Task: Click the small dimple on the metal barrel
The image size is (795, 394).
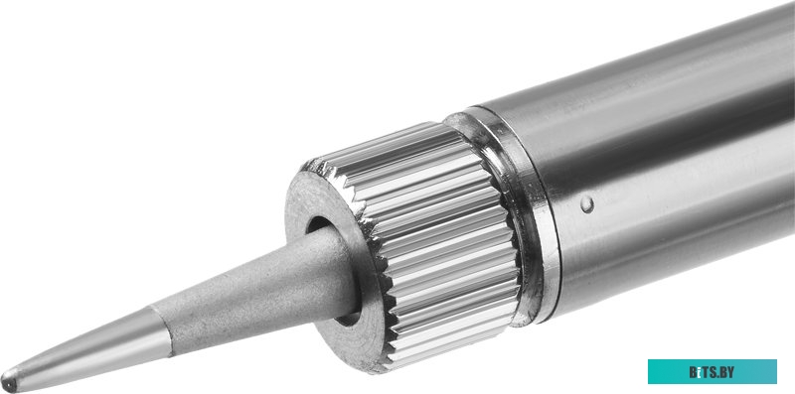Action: click(x=588, y=205)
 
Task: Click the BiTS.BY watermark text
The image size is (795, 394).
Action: click(x=713, y=372)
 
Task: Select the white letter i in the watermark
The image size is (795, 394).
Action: click(x=699, y=372)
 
